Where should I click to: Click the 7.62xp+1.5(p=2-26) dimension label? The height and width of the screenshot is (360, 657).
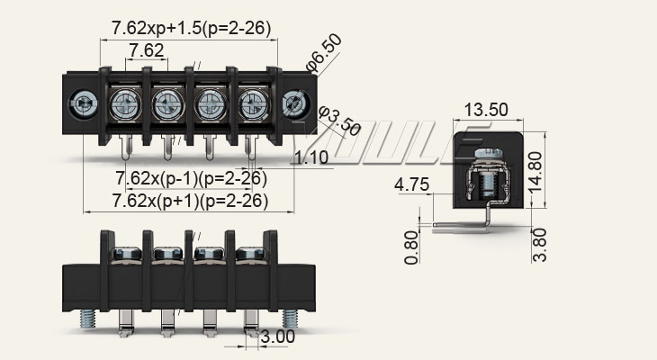(191, 29)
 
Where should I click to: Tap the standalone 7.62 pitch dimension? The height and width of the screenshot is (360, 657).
(146, 50)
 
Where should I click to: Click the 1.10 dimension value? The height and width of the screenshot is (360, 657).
(311, 159)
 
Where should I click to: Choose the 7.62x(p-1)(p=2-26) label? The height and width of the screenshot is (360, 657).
(190, 176)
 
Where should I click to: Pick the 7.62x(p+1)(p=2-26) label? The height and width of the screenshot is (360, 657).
(190, 200)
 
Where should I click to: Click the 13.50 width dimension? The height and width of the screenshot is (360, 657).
(486, 110)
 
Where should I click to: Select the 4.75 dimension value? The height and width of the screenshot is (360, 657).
(410, 186)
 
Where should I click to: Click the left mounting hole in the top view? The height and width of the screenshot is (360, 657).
(84, 103)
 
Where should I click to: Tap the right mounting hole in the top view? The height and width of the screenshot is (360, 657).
(293, 103)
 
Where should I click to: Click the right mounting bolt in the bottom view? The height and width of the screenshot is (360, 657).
(292, 319)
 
